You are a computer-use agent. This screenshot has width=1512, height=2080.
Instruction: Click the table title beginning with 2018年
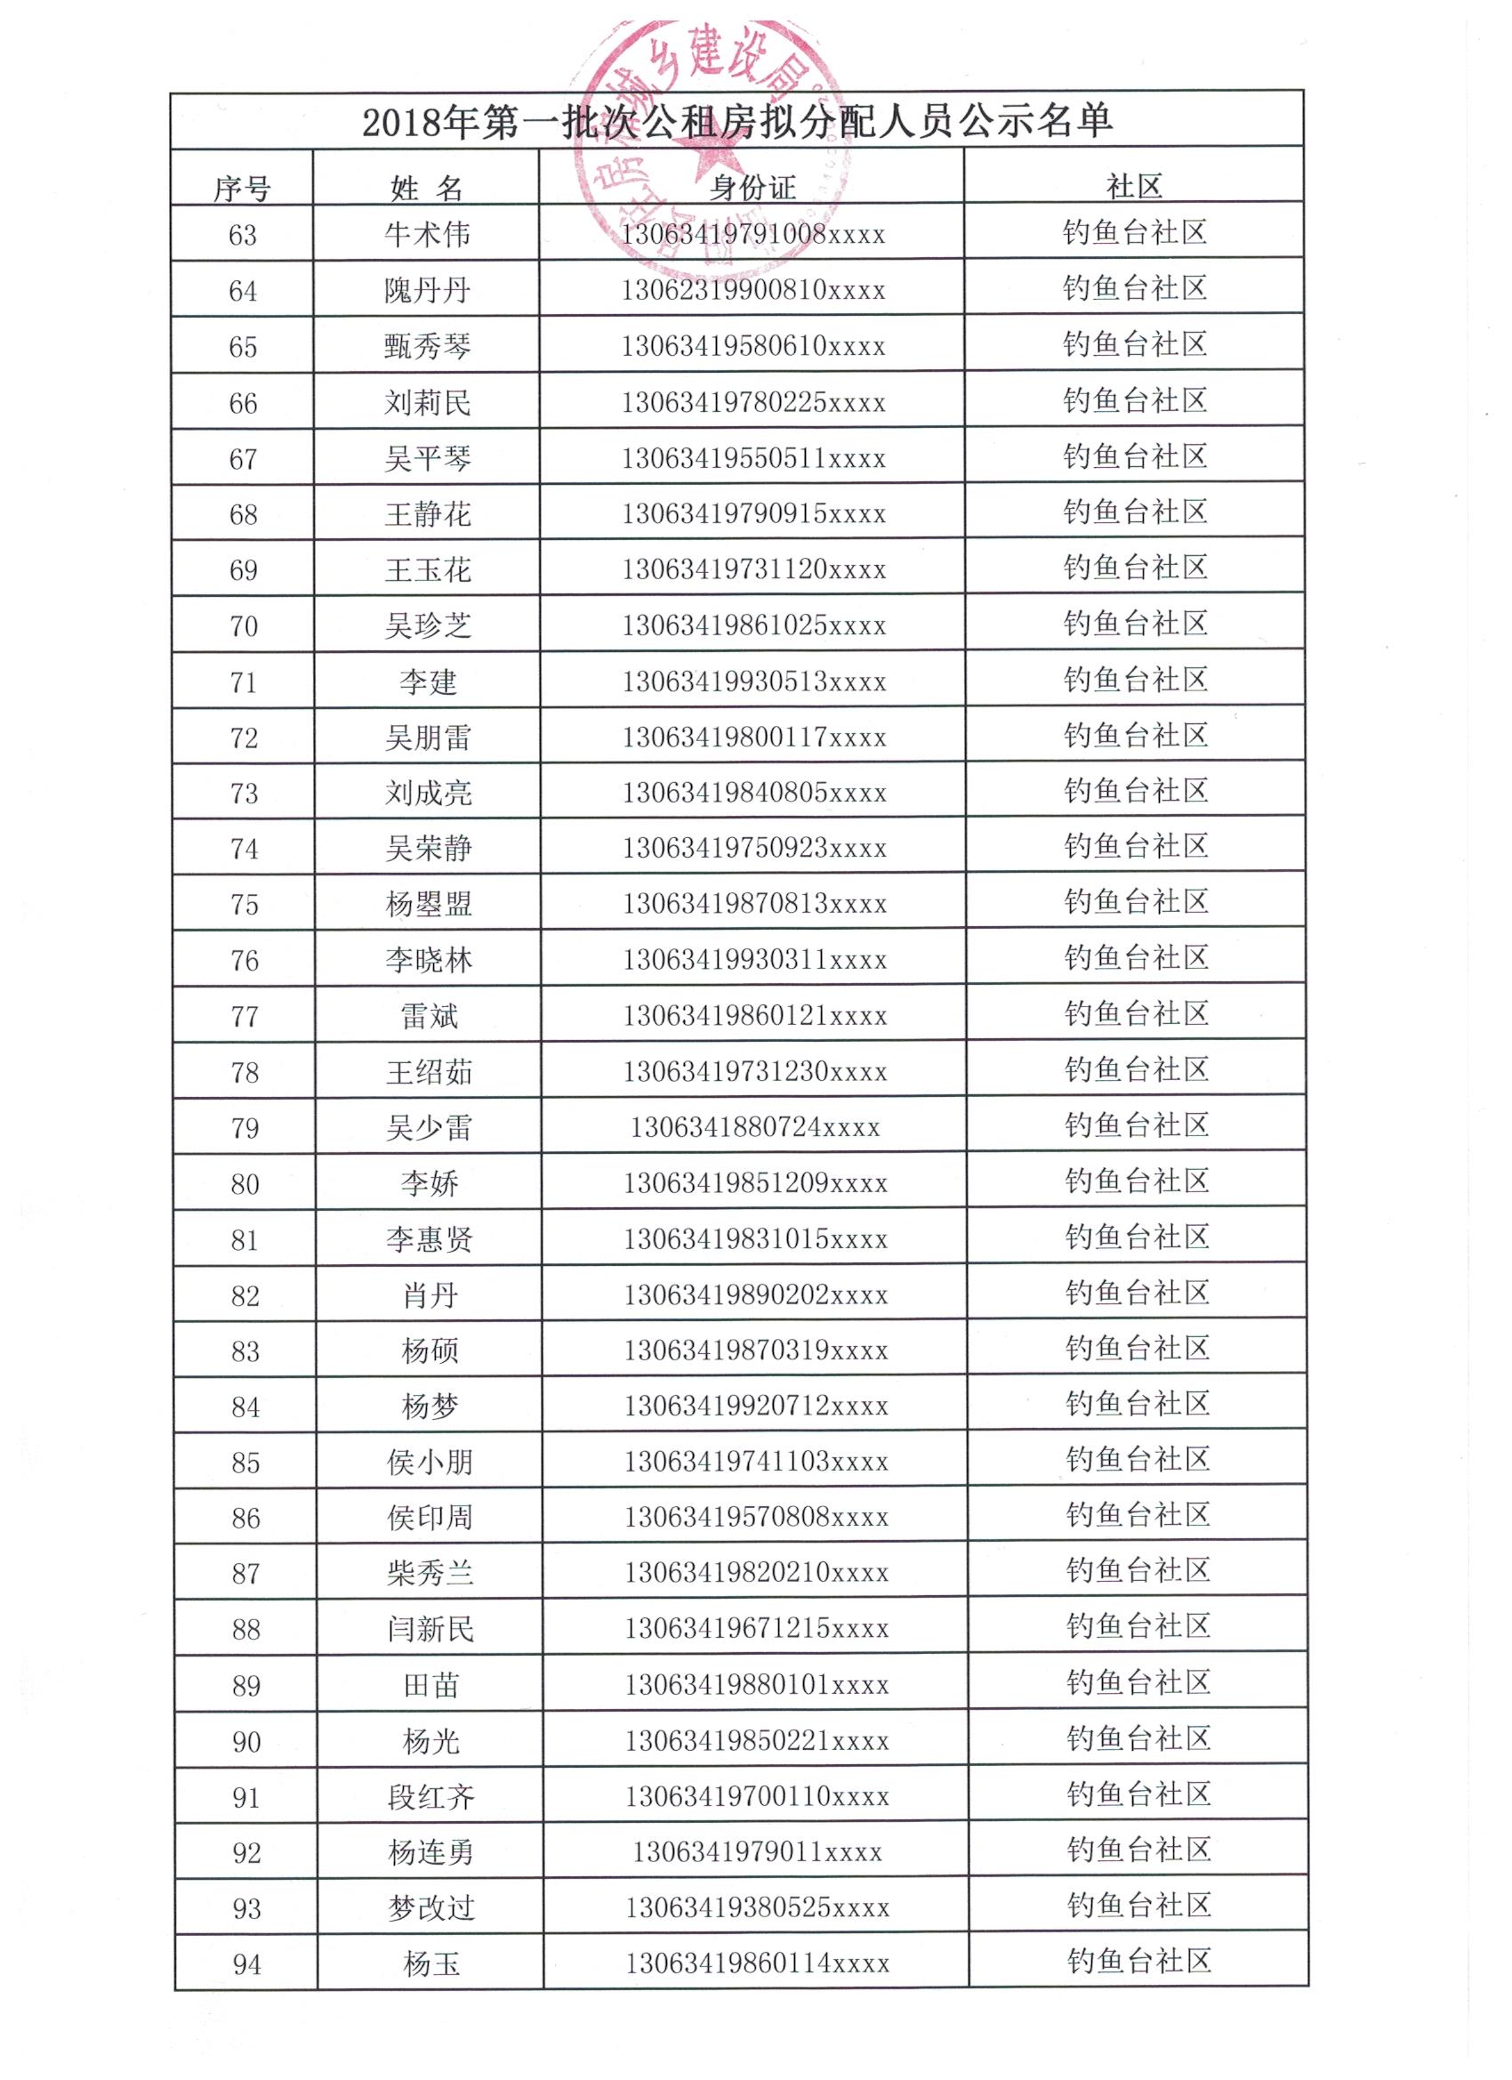[x=737, y=121]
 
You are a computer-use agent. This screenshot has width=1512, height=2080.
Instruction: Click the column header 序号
[x=242, y=189]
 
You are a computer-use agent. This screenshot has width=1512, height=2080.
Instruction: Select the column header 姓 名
[x=426, y=189]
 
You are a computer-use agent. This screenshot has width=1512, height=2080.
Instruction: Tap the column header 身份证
[x=752, y=188]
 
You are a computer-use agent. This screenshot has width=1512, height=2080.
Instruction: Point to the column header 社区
[x=1134, y=187]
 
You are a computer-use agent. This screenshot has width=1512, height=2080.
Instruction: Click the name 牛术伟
[x=427, y=235]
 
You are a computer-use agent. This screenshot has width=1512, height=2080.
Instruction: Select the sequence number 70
[x=244, y=626]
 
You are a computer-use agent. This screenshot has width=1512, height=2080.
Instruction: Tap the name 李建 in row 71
[x=428, y=682]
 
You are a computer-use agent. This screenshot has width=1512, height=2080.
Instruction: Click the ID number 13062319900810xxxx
[x=753, y=291]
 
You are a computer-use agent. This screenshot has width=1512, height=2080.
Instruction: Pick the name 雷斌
[x=429, y=1016]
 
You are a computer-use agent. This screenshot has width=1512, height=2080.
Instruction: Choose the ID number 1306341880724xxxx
[x=754, y=1127]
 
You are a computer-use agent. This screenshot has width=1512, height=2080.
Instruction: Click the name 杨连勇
[x=431, y=1852]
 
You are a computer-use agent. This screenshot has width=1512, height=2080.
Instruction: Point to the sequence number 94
[x=247, y=1964]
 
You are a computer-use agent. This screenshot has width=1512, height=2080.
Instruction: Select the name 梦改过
[x=431, y=1908]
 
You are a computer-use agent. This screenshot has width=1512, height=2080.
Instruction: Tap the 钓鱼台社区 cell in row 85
[x=1138, y=1459]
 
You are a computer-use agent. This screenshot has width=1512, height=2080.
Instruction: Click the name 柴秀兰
[x=430, y=1574]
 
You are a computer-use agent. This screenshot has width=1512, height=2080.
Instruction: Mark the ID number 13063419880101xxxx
[x=758, y=1685]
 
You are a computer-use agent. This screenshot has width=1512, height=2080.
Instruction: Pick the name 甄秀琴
[x=427, y=347]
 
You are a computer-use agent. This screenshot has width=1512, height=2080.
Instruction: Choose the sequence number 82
[x=245, y=1296]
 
